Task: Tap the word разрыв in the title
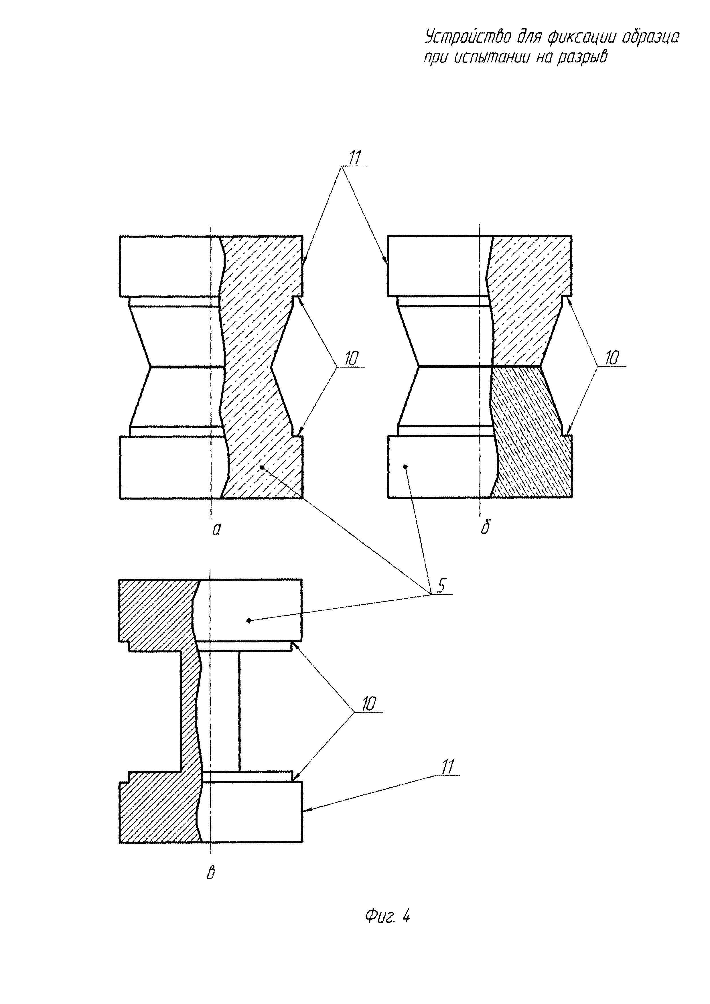(x=582, y=57)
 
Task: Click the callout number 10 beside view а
(x=351, y=358)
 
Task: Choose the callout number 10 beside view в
(x=368, y=704)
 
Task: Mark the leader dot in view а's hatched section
(x=262, y=468)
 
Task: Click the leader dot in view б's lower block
(x=406, y=467)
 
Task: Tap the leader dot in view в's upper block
(x=249, y=620)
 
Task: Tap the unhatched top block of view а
(x=168, y=266)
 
